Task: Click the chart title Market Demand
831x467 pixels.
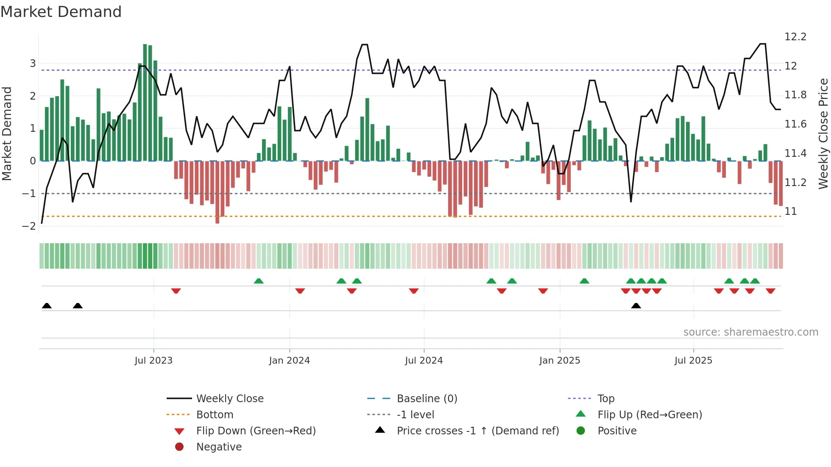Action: coord(61,11)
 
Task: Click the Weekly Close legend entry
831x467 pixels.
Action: coord(229,398)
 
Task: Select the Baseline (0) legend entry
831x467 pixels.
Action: coord(427,398)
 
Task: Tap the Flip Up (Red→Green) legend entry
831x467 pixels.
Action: coord(650,414)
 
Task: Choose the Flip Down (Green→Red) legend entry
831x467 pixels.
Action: coord(256,431)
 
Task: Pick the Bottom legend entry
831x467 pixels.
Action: coord(215,414)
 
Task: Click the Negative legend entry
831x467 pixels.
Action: coord(219,447)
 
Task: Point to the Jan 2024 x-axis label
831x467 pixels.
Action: coord(289,360)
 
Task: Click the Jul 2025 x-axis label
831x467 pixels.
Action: coord(693,360)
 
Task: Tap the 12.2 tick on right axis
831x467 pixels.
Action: coord(795,37)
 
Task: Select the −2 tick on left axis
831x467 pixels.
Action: coord(29,226)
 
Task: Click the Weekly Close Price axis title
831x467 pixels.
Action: coord(823,133)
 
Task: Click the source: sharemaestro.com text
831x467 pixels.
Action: coord(750,332)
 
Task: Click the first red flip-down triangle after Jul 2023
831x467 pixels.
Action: coord(176,291)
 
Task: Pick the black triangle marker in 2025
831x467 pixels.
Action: coord(636,306)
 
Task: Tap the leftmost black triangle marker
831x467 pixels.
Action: coord(47,306)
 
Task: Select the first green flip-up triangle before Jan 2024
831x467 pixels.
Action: coord(259,281)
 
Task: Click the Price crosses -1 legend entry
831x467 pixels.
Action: coord(477,431)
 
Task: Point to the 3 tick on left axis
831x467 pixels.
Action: coord(33,64)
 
